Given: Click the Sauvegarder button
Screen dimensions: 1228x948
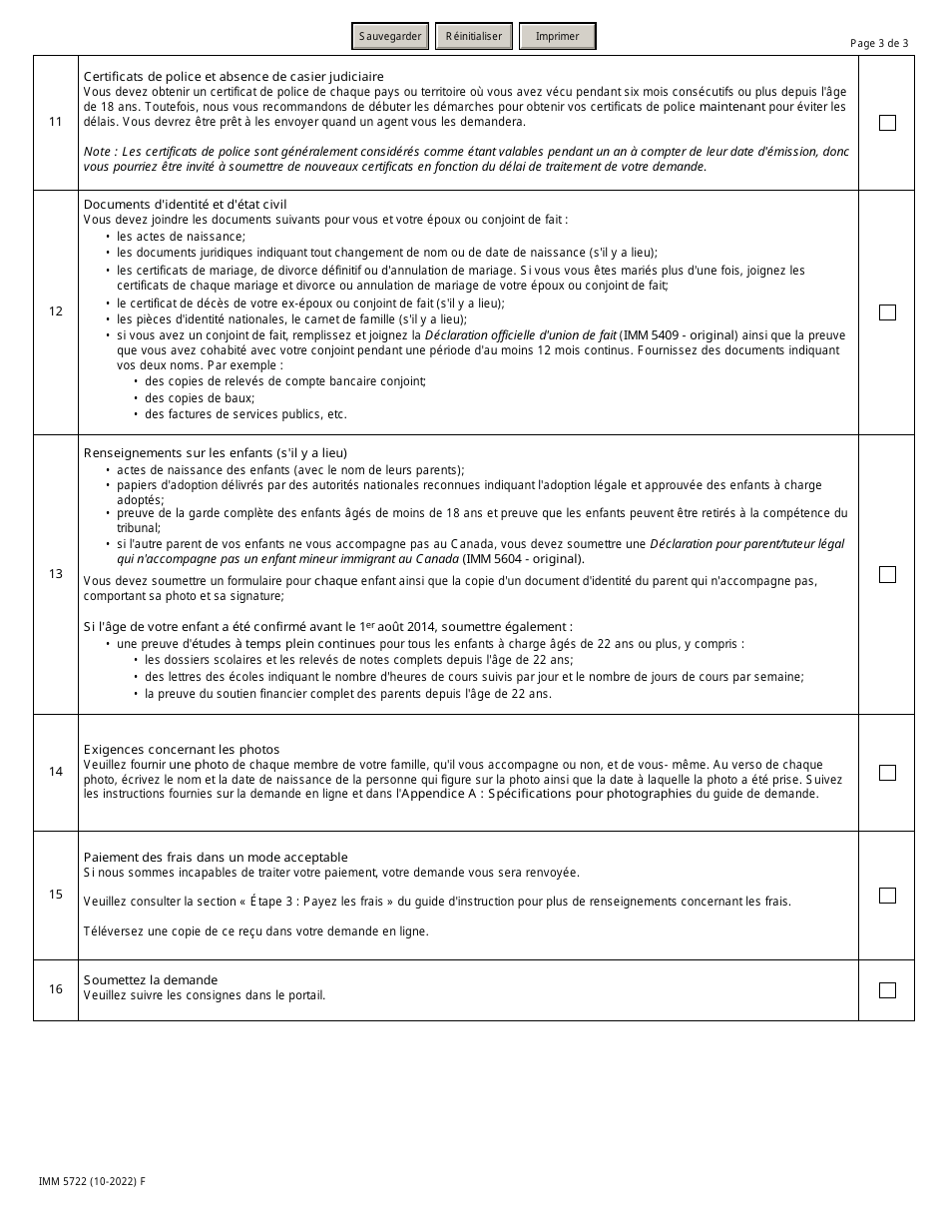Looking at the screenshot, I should pyautogui.click(x=390, y=37).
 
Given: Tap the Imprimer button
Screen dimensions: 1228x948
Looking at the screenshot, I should pyautogui.click(x=557, y=37).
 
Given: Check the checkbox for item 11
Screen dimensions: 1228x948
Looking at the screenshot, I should pyautogui.click(x=887, y=123).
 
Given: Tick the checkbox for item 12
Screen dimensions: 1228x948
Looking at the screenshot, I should pyautogui.click(x=887, y=312).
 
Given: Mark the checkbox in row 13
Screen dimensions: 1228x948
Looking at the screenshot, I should pyautogui.click(x=887, y=574).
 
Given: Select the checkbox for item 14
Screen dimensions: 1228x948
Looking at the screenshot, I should pyautogui.click(x=887, y=773).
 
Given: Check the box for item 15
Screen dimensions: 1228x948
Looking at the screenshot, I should pyautogui.click(x=887, y=896).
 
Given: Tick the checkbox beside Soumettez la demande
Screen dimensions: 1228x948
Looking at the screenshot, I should pyautogui.click(x=887, y=990).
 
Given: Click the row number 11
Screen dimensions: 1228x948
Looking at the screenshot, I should pyautogui.click(x=56, y=123).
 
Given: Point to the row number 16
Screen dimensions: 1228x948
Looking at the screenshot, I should pyautogui.click(x=56, y=989).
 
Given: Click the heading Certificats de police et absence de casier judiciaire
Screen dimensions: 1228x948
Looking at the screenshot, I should pyautogui.click(x=234, y=77).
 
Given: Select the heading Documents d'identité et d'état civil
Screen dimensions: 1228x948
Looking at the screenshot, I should pyautogui.click(x=185, y=205).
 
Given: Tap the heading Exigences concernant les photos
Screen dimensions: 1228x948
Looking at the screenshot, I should pyautogui.click(x=182, y=750).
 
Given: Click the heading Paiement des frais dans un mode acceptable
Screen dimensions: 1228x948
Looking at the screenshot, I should pyautogui.click(x=216, y=858).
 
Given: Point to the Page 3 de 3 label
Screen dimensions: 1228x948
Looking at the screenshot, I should pyautogui.click(x=879, y=43).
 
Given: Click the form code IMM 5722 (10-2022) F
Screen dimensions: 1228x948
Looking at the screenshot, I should pyautogui.click(x=92, y=1181).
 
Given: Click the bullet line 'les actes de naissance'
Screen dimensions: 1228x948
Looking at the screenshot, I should pyautogui.click(x=181, y=237).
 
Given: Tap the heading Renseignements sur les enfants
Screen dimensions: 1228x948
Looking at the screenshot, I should pyautogui.click(x=216, y=453).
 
